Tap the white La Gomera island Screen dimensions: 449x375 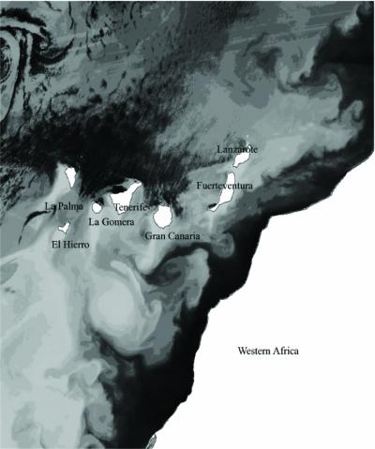click(x=97, y=207)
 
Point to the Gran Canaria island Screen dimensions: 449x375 click(x=162, y=217)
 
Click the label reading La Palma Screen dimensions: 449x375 click(x=64, y=206)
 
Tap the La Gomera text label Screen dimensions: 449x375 click(x=110, y=222)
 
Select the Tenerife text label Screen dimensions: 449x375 click(x=132, y=207)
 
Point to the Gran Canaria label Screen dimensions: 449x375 click(x=172, y=236)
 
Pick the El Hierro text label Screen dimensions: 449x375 click(x=71, y=244)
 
